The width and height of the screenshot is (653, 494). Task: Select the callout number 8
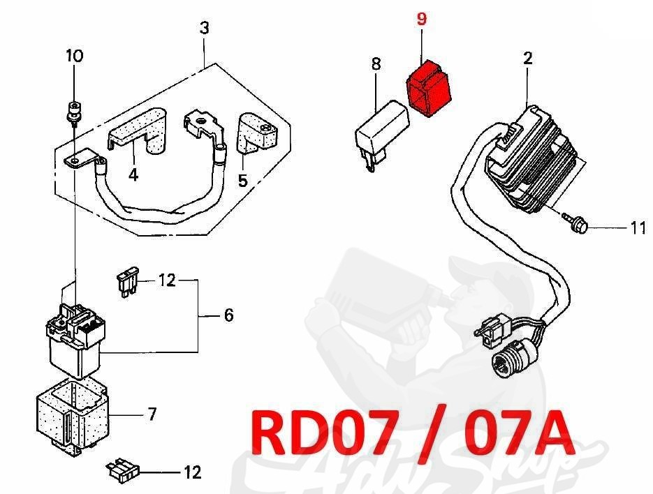click(376, 63)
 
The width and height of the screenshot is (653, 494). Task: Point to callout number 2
click(527, 58)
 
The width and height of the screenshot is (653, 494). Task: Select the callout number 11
click(638, 227)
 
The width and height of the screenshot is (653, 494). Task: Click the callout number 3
click(204, 29)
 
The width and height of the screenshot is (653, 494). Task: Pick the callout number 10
click(74, 56)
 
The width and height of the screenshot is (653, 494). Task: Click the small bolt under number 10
click(71, 111)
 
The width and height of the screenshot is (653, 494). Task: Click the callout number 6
click(228, 315)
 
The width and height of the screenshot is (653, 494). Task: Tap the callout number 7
click(152, 414)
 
